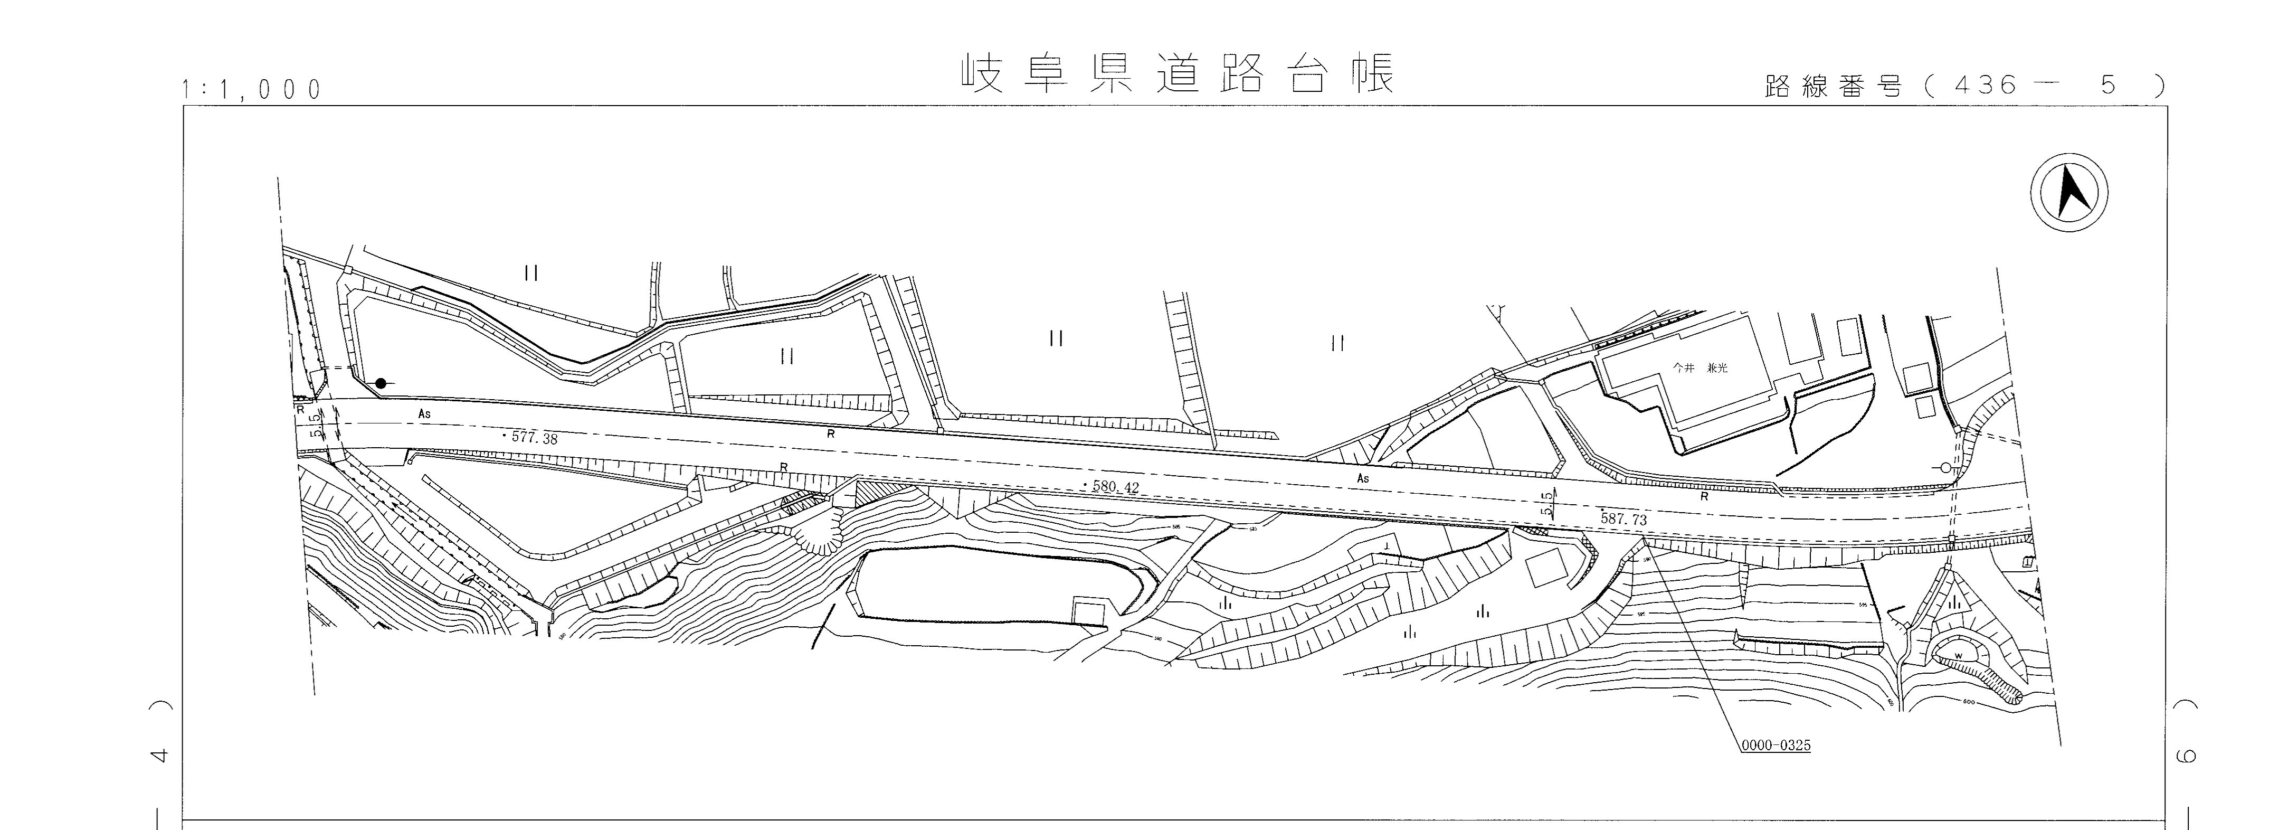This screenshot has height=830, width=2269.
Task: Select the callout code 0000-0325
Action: click(1775, 746)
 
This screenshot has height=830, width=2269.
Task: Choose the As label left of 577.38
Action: click(424, 413)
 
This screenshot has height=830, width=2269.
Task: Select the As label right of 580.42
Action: click(1363, 478)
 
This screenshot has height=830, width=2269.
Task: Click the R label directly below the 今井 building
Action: click(1704, 497)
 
